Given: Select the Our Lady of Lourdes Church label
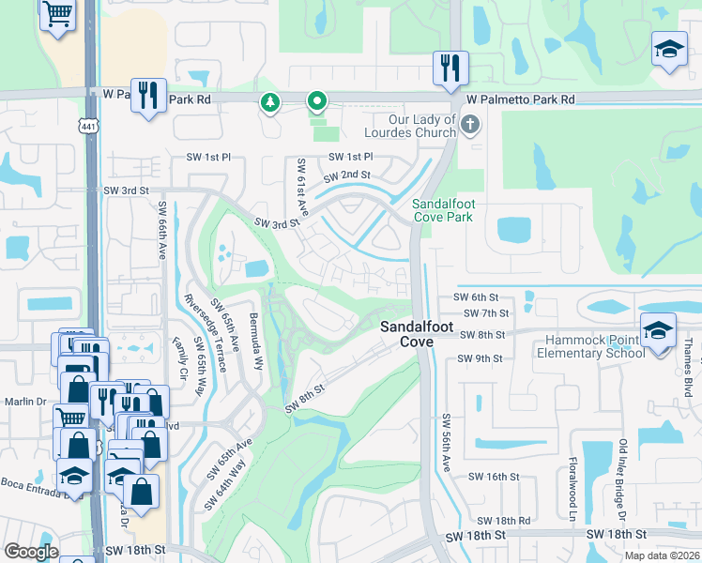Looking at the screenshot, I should point(422,126).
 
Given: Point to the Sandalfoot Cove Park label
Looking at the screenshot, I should point(442,210).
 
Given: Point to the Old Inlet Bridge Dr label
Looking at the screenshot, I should point(620,479).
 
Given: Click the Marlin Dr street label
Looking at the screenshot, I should point(24,402).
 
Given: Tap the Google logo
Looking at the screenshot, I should point(30,552).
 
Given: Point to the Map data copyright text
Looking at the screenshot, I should point(663,555).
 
